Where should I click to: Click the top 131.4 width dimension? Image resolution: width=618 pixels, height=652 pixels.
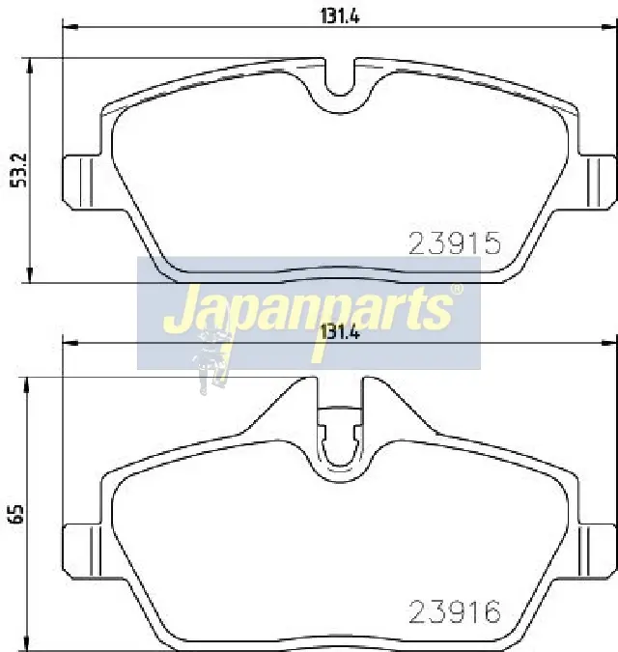point(340,16)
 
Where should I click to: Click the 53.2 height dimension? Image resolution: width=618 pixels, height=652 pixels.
point(18,170)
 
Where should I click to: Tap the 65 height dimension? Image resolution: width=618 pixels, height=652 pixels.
point(18,515)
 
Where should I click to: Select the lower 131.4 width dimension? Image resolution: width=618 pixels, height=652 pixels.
point(340,332)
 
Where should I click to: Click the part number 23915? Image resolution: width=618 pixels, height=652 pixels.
point(456,243)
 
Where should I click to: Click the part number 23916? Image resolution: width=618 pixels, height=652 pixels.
point(456,612)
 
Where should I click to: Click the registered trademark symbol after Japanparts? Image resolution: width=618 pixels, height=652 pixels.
point(457,289)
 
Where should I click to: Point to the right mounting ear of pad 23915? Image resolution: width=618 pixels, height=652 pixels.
point(597,182)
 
